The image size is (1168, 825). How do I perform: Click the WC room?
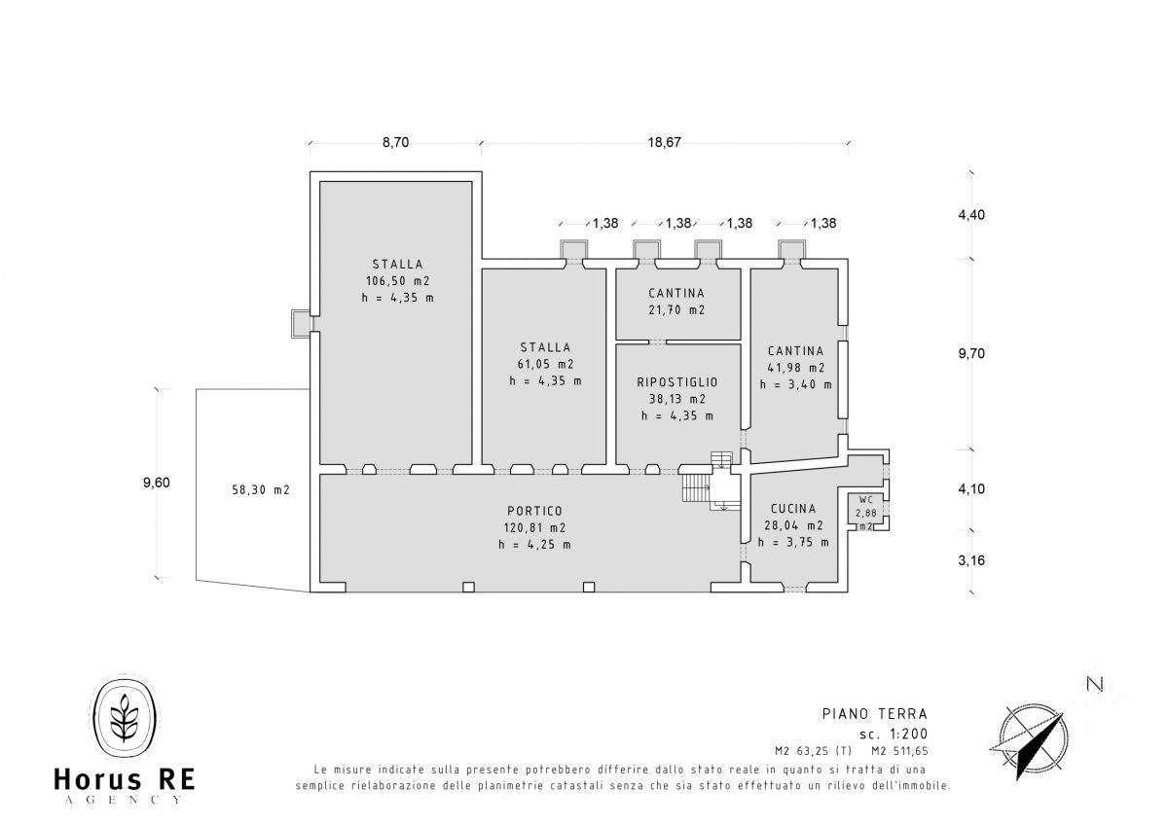coord(865,509)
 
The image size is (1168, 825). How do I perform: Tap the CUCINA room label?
coord(793,509)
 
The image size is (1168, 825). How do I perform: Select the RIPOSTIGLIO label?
coord(677,382)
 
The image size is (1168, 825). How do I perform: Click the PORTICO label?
coord(534,511)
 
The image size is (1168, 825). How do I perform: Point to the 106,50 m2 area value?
coord(397,281)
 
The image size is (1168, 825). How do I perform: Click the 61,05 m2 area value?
coord(545,364)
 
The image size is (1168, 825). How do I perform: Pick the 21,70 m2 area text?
coord(676,309)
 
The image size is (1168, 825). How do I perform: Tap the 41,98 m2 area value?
coord(796,368)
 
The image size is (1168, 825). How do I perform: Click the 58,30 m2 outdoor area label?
coord(261,490)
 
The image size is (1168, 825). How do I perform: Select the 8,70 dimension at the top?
coord(396,142)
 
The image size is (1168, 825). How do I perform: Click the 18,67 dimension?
coord(664,142)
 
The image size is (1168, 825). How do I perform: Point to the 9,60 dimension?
coord(157,483)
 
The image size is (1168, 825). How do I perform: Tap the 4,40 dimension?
coord(971,215)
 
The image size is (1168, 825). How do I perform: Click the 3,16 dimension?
coord(971,560)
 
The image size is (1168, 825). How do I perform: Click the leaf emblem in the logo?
coord(125,717)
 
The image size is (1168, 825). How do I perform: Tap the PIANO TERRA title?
coord(875,713)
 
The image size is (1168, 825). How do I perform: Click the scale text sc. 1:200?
coord(894,735)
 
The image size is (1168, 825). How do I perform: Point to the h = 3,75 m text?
coord(793,542)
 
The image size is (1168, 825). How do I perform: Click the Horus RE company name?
coord(125,779)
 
